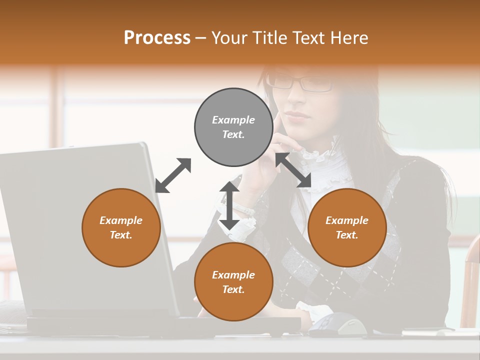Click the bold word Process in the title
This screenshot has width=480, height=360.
157,38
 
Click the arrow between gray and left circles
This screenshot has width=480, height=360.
173,175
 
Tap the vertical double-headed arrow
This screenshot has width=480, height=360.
229,205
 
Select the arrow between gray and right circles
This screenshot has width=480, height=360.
293,170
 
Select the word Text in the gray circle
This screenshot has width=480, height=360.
233,134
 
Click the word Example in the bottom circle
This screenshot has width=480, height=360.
233,274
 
